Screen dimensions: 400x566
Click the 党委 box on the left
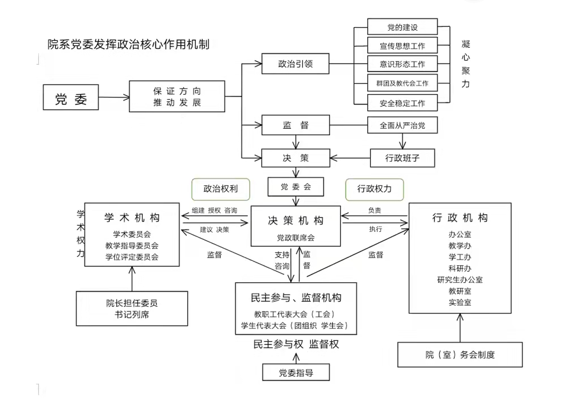point(71,97)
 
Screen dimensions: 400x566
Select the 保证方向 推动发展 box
point(177,96)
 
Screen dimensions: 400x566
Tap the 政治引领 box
point(295,64)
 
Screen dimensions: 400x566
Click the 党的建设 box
point(402,27)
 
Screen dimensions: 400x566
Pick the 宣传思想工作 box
point(402,45)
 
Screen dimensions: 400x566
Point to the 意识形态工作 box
point(402,64)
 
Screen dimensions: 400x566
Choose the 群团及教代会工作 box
point(402,83)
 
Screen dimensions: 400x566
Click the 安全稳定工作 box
point(402,103)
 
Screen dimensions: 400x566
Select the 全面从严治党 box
point(402,126)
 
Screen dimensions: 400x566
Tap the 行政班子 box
point(402,158)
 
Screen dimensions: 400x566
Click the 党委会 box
point(295,186)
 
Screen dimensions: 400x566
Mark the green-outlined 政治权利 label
point(221,189)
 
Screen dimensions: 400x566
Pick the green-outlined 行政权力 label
point(374,189)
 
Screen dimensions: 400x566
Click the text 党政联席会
point(295,237)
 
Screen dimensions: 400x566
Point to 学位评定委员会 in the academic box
point(132,256)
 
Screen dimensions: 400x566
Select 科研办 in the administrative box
point(460,268)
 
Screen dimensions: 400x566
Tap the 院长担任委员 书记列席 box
point(132,309)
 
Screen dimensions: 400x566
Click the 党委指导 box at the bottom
point(295,373)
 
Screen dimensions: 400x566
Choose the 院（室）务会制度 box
point(460,355)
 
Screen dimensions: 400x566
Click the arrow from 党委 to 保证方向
point(114,97)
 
